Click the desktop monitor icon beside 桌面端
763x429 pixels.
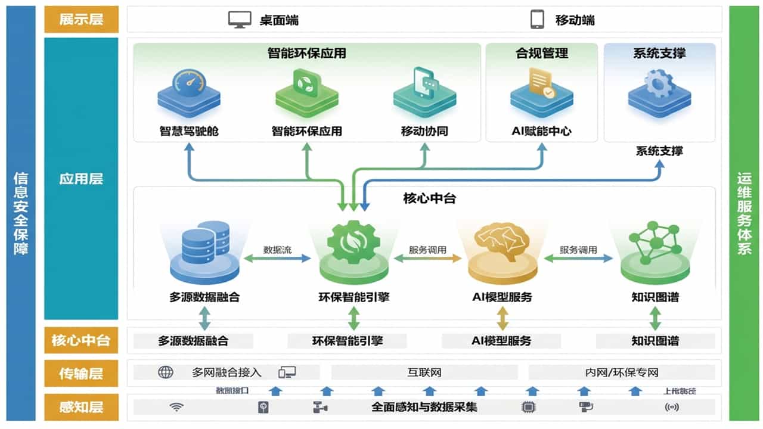pyautogui.click(x=240, y=20)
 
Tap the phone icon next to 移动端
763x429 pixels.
pyautogui.click(x=537, y=20)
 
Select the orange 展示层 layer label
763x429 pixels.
pyautogui.click(x=81, y=20)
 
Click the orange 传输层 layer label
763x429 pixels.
pyautogui.click(x=81, y=374)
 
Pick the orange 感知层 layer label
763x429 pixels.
pyautogui.click(x=81, y=408)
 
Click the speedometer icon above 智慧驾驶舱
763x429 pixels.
pyautogui.click(x=188, y=84)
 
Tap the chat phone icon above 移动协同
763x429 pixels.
pyautogui.click(x=424, y=83)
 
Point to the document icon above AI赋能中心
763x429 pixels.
pyautogui.click(x=541, y=84)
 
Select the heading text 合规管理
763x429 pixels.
pyautogui.click(x=541, y=53)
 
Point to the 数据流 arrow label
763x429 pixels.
pyautogui.click(x=277, y=250)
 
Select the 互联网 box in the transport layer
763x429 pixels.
pyautogui.click(x=424, y=373)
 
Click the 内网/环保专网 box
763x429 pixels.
pyautogui.click(x=621, y=373)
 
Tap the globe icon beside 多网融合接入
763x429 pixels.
pyautogui.click(x=165, y=373)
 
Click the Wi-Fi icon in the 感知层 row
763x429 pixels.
pyautogui.click(x=176, y=408)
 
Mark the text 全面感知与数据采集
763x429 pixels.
pyautogui.click(x=424, y=408)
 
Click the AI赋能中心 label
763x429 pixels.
pyautogui.click(x=541, y=131)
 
